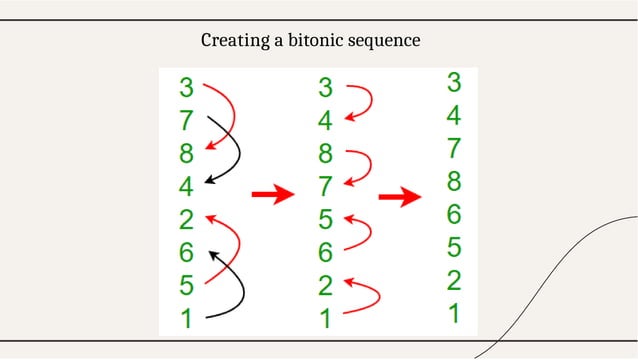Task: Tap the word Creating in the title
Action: (x=232, y=41)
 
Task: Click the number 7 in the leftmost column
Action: (x=186, y=121)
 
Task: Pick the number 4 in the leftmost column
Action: (x=186, y=187)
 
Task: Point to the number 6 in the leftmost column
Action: (x=186, y=253)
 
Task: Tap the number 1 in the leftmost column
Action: (x=186, y=319)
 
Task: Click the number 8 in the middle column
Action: (x=325, y=154)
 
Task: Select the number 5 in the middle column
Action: (x=325, y=220)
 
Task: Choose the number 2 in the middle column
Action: (x=325, y=286)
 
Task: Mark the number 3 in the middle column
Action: (x=325, y=88)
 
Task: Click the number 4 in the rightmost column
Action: (x=453, y=115)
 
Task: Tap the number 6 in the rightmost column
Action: (x=453, y=214)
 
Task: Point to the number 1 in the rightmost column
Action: (x=453, y=313)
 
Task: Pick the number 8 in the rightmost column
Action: (x=453, y=181)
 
